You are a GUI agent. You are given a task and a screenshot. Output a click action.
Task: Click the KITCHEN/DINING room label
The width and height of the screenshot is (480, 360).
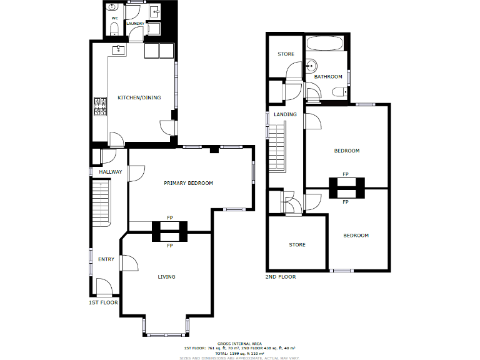(139, 97)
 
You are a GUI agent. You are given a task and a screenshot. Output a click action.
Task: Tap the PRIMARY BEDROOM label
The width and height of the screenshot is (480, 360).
(188, 183)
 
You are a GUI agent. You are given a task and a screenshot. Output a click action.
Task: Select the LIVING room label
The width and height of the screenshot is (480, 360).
(166, 276)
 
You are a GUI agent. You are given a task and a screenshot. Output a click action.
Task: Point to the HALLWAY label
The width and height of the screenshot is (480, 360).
(110, 172)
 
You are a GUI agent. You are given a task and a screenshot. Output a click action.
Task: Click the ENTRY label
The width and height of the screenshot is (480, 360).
(106, 259)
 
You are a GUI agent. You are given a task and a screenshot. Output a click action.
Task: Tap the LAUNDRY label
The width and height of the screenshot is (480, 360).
(136, 24)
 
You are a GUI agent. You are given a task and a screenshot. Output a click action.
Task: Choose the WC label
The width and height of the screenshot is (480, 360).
(114, 19)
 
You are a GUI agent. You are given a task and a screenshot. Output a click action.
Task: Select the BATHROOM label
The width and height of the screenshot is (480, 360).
(328, 77)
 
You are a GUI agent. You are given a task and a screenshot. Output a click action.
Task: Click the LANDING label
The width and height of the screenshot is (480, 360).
(285, 114)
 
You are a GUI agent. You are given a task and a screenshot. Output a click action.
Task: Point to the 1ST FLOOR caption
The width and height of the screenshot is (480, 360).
(103, 302)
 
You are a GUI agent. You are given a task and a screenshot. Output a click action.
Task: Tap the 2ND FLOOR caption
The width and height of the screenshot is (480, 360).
(281, 276)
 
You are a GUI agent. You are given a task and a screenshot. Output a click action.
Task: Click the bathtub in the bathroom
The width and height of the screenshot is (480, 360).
(326, 44)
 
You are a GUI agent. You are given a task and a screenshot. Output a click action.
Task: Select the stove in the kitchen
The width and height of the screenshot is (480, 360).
(100, 107)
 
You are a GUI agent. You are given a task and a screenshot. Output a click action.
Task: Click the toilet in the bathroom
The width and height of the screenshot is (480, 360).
(339, 92)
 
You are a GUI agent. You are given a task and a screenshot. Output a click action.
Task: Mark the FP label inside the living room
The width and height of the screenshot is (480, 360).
(170, 246)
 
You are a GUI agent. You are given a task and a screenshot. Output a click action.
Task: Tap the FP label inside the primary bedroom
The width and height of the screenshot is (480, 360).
(170, 217)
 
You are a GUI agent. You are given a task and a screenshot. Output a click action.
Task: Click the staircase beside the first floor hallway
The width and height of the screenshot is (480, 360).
(101, 203)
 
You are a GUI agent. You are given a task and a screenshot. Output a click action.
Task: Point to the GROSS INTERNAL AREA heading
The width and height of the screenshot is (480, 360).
(239, 343)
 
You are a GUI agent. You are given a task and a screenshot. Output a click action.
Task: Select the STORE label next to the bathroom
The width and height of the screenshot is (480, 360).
(286, 54)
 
